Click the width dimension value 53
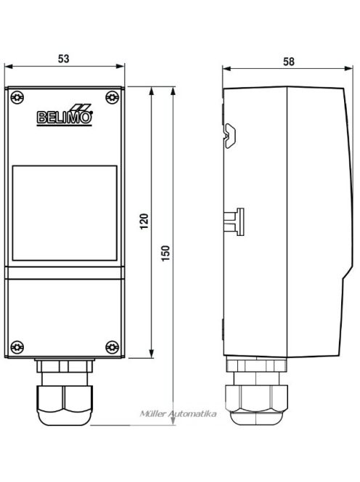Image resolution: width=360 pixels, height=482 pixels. (x=65, y=59)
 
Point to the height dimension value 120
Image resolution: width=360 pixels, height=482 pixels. (x=144, y=222)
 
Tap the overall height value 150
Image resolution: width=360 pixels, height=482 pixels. (x=166, y=253)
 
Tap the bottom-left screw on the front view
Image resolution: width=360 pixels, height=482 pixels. (x=16, y=346)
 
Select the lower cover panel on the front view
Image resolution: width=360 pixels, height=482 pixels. (x=64, y=316)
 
